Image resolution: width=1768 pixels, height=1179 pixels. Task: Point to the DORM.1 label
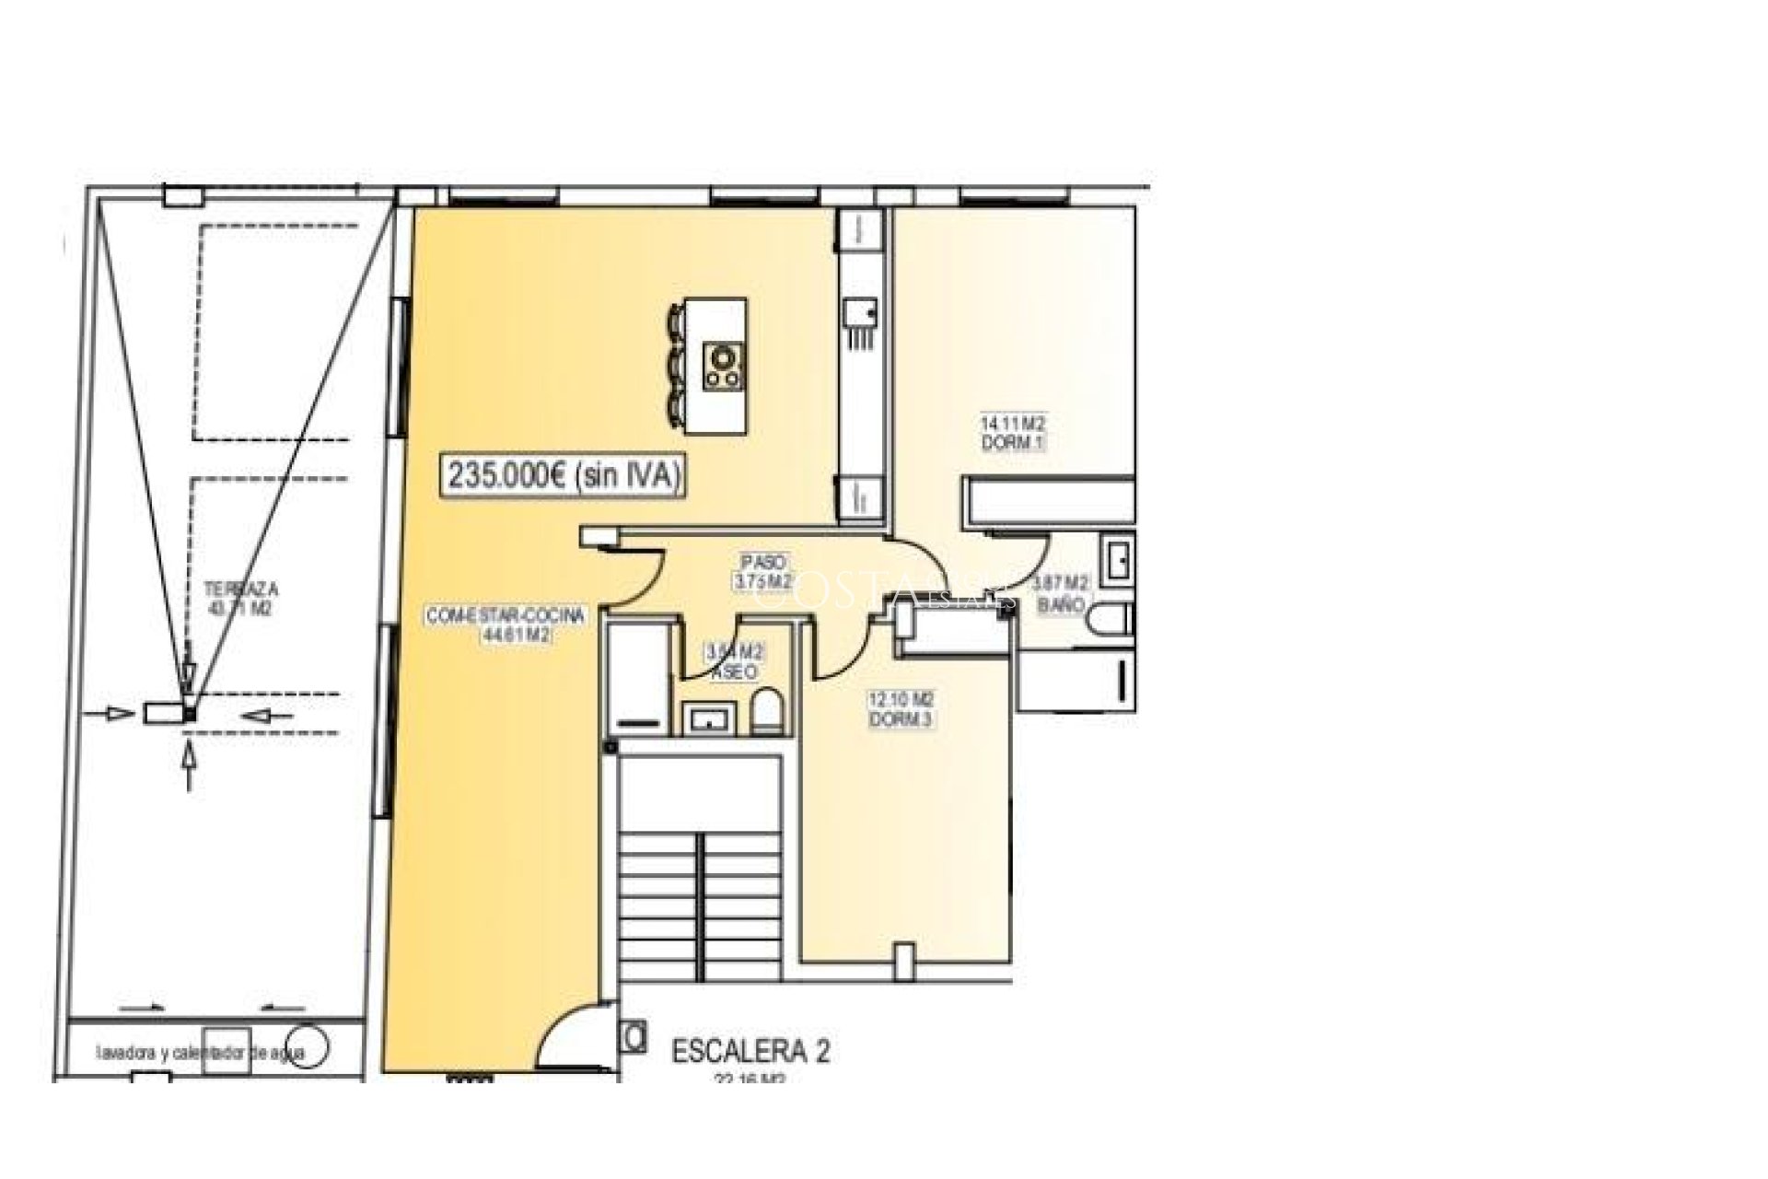coord(1012,443)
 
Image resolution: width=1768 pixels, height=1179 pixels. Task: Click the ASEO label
coord(734,673)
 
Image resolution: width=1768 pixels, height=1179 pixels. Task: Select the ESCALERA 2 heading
coord(750,1051)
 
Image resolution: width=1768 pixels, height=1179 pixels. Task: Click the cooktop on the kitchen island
coord(724,366)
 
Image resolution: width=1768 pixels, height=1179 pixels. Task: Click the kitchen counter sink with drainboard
coord(861,322)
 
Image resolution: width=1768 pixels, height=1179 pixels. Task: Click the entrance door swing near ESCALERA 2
coord(572,1036)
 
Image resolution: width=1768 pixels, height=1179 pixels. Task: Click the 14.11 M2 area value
coord(1012,425)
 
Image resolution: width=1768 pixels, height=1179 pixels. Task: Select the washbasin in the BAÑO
coord(1119,562)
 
